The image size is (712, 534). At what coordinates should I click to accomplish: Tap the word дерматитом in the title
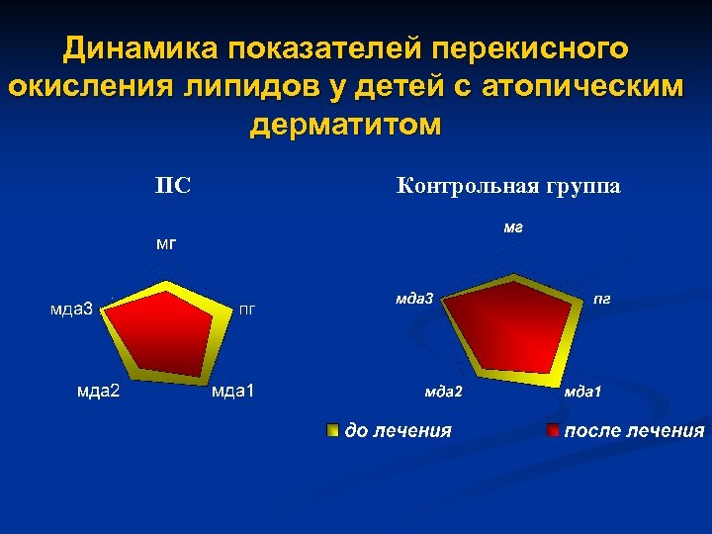click(346, 126)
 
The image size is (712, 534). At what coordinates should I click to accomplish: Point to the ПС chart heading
click(173, 185)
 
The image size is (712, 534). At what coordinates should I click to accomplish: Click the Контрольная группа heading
click(508, 185)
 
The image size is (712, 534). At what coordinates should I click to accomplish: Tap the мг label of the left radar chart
click(167, 242)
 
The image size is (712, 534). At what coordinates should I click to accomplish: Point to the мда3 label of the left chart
click(72, 309)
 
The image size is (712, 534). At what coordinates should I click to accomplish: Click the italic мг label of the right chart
click(512, 227)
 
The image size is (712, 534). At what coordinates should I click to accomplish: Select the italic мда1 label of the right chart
click(582, 393)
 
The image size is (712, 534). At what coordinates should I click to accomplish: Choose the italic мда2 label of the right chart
click(443, 393)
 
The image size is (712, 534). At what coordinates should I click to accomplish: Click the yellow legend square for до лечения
click(333, 430)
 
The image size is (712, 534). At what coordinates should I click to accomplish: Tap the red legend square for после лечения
click(555, 430)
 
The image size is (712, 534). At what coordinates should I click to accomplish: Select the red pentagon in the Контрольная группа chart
click(506, 321)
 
